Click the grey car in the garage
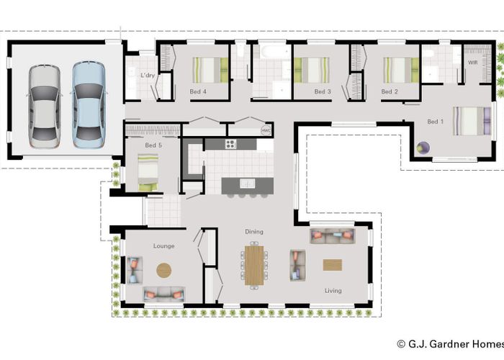point(45,104)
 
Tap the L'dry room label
point(148,75)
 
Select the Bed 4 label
point(198,92)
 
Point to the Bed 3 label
point(323,92)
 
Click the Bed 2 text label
point(390,92)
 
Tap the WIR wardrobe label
point(472,63)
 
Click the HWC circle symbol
point(266,130)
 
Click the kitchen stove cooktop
point(231,144)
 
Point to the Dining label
point(254,232)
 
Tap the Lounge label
point(163,246)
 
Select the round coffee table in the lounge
point(164,270)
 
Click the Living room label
point(333,291)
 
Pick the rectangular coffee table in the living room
point(333,265)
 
